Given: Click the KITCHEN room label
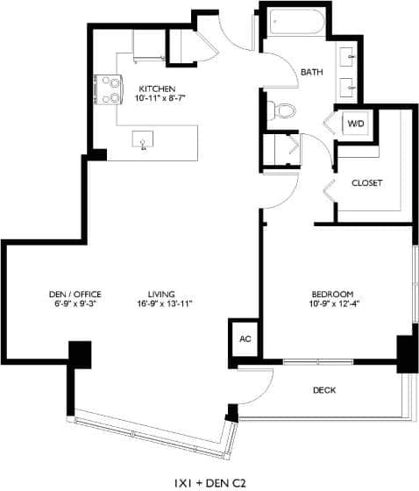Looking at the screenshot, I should (x=158, y=89).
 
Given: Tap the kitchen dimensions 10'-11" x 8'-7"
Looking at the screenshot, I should (x=158, y=99).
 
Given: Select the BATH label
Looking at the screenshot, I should (x=312, y=72).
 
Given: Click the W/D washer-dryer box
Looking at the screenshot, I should (x=356, y=125).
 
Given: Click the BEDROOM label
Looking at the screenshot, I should (x=332, y=293).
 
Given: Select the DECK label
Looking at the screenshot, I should (x=324, y=390).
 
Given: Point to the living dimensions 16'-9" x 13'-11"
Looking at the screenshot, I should (x=164, y=303).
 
